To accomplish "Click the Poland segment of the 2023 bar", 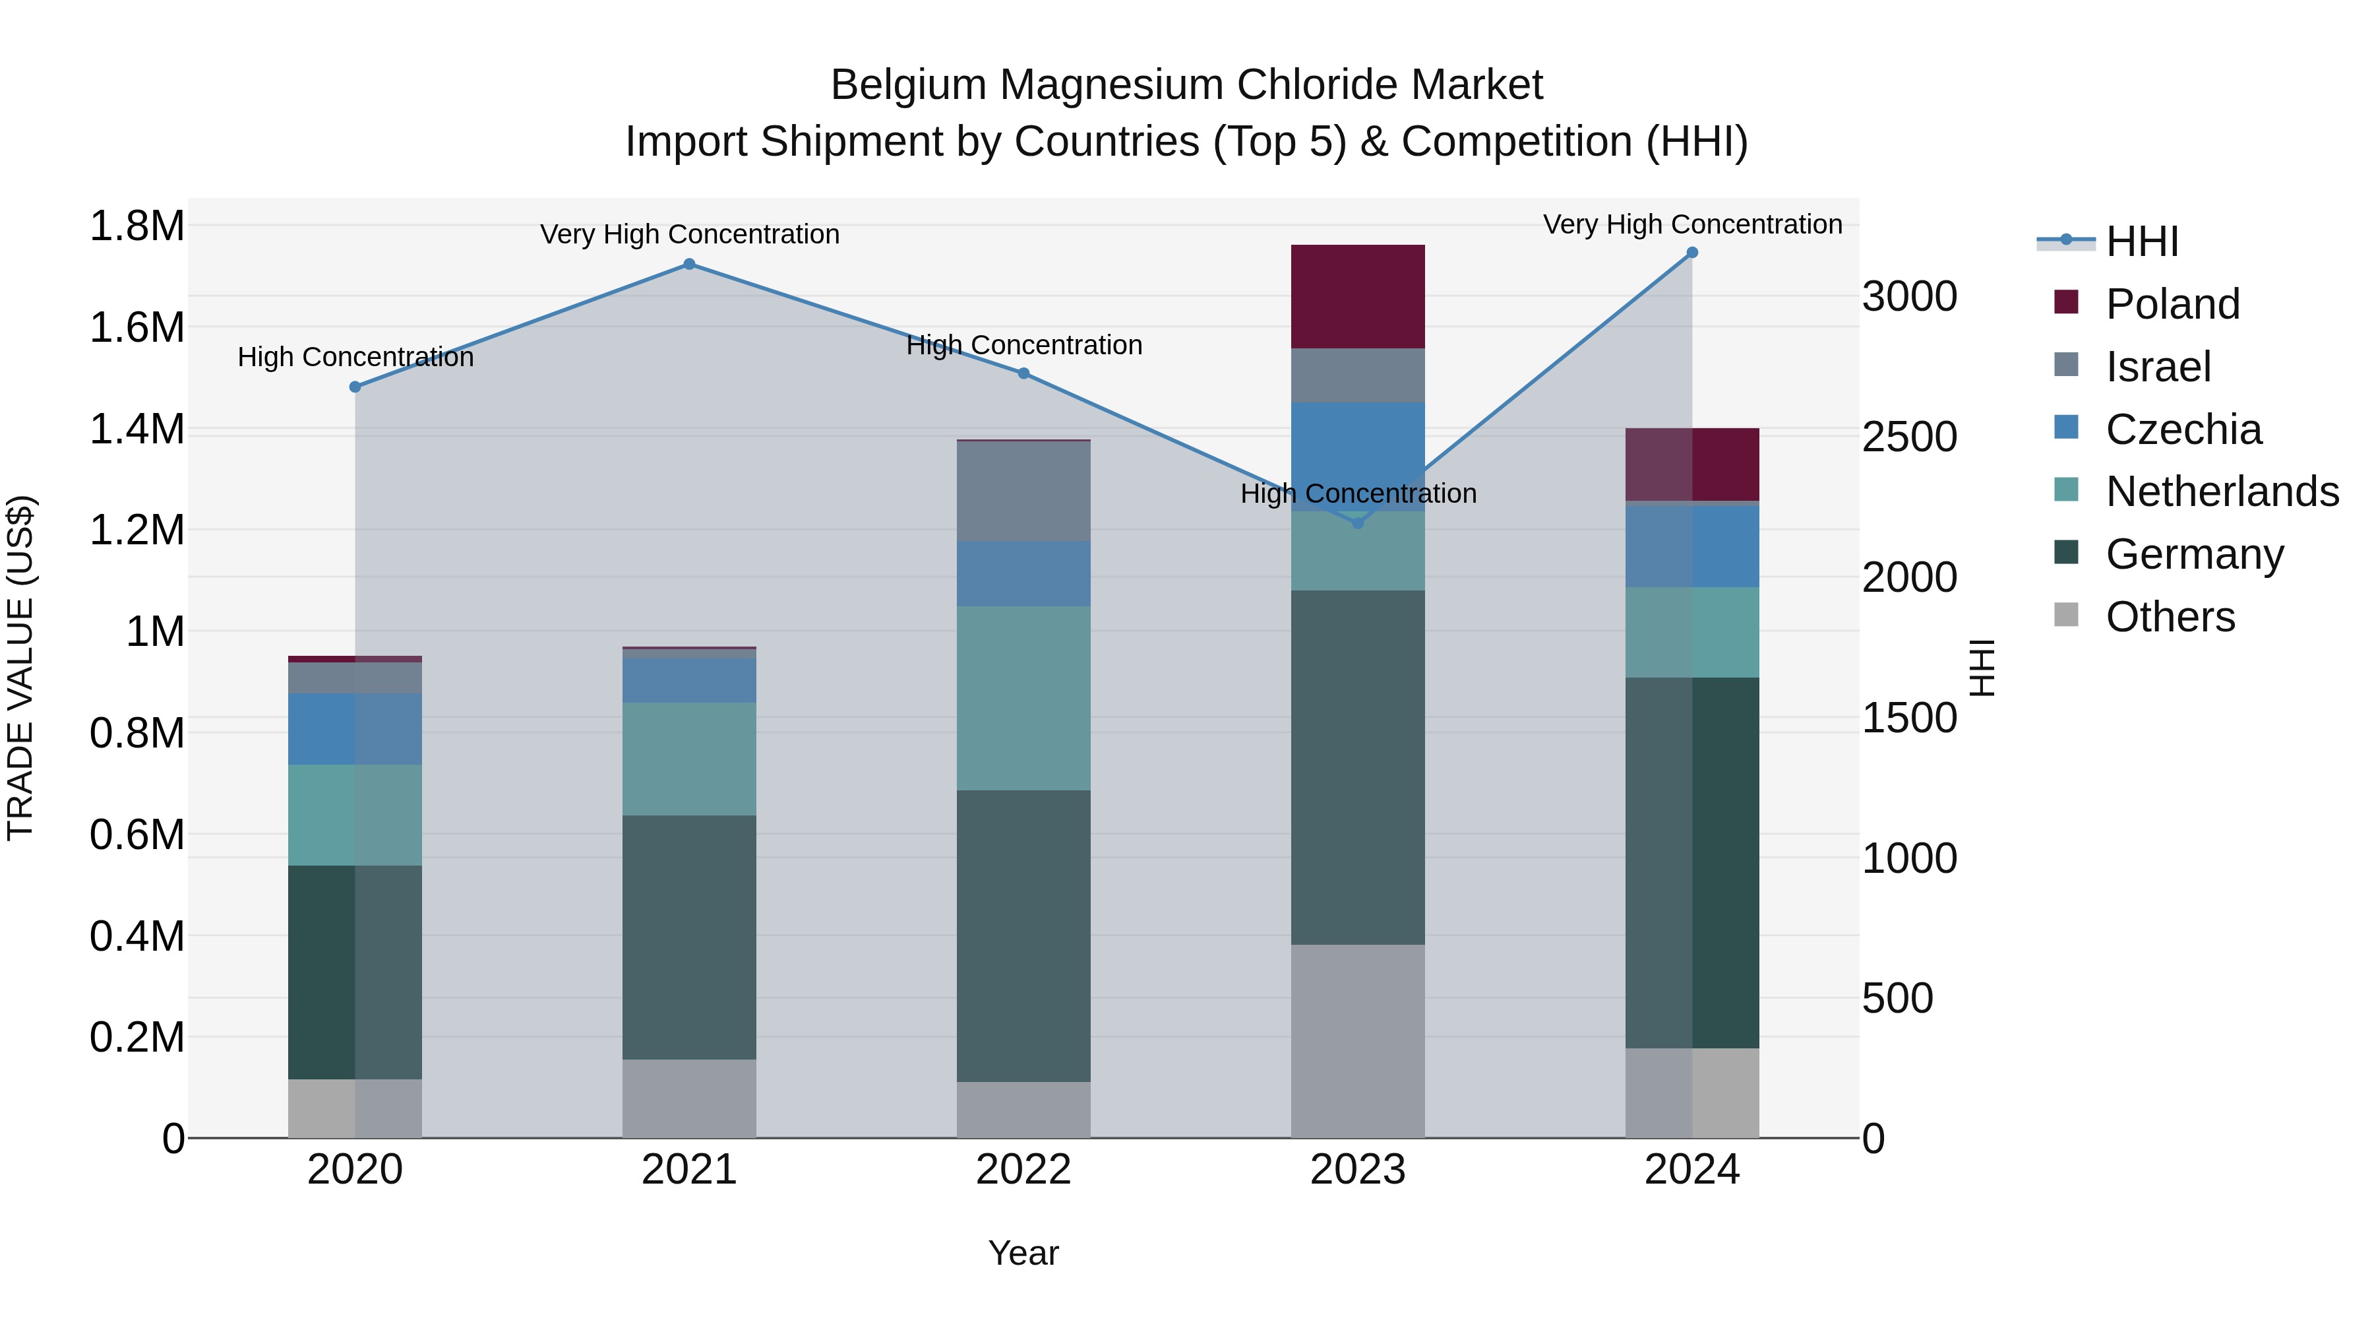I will coord(1358,296).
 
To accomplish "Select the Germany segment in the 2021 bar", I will coord(689,937).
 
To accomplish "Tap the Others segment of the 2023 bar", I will coord(1358,1041).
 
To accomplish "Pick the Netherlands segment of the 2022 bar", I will coord(1023,698).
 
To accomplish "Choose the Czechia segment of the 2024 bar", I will coord(1692,546).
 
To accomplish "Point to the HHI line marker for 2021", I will coord(689,265).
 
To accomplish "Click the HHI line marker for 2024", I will coord(1692,253).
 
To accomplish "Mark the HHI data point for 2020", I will coord(355,387).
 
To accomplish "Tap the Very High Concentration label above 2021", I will coord(689,234).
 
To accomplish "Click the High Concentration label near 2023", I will coord(1358,493).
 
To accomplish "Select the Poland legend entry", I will coord(2172,304).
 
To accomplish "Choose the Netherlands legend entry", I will coord(2221,492).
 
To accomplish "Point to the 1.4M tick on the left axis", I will coord(137,429).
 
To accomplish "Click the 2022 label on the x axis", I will coord(1023,1170).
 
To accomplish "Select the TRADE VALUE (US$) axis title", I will coord(20,668).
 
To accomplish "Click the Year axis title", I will coord(1023,1253).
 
